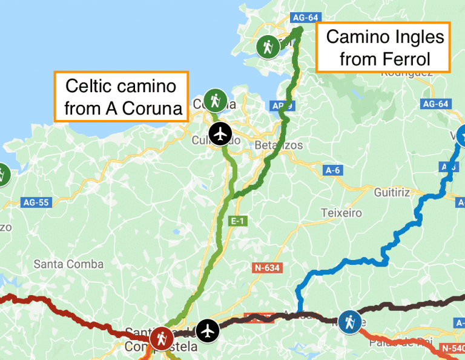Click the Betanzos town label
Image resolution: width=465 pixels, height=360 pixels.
click(279, 145)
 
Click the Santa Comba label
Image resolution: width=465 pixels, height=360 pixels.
click(68, 264)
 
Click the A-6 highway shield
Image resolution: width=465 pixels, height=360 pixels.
click(331, 170)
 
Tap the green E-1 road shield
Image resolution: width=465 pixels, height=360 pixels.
click(237, 222)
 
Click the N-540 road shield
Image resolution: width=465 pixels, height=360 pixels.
click(452, 348)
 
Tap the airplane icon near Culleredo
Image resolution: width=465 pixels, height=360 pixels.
click(220, 134)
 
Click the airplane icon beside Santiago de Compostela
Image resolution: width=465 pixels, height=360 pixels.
click(208, 331)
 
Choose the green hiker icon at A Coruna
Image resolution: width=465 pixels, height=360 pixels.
click(215, 100)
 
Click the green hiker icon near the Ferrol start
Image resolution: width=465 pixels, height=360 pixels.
click(267, 46)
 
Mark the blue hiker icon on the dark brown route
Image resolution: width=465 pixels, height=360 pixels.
click(349, 322)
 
